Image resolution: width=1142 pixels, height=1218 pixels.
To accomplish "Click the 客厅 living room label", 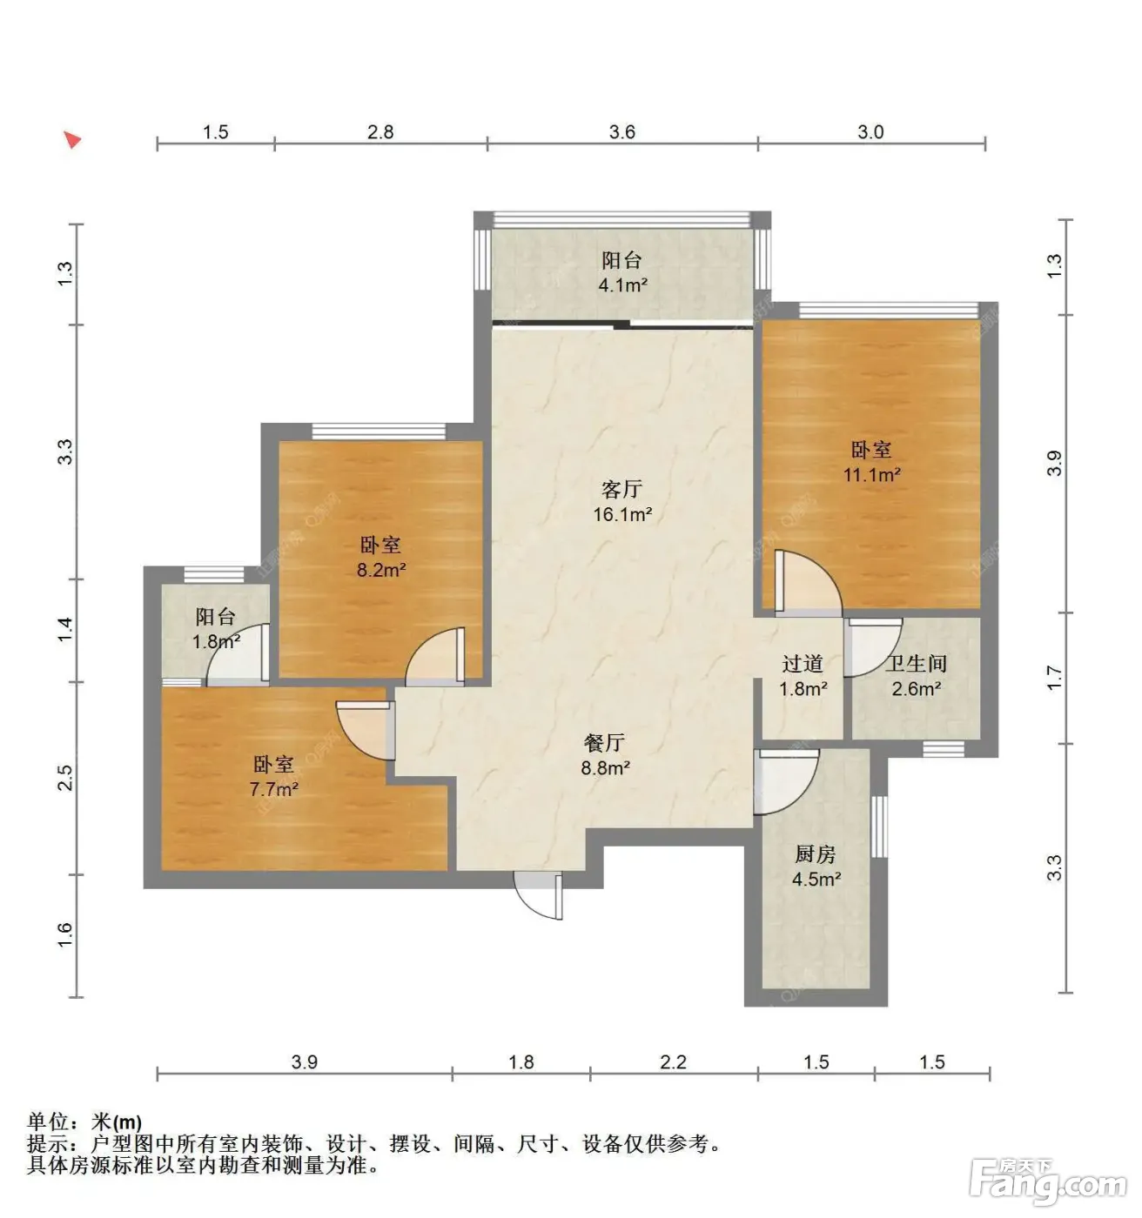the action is pos(621,490).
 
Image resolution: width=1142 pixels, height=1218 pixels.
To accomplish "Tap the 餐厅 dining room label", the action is pos(604,743).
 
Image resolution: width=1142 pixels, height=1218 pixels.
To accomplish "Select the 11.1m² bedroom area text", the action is pos(871,475).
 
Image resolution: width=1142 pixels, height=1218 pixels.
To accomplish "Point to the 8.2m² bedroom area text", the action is pos(381,570).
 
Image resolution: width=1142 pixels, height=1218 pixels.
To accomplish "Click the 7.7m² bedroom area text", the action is pos(273,789).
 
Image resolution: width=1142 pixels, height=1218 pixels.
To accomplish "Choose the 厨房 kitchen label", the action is pos(815,853).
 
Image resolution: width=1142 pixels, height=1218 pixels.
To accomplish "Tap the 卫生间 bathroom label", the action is pos(916,664).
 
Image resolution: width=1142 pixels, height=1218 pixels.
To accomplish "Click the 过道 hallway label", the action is pos(802,664).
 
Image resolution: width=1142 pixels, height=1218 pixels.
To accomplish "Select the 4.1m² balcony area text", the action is pos(623,285).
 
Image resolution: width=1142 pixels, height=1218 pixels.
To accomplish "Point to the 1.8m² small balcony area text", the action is pos(216,641).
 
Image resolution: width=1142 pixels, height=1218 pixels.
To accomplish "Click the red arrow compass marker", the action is pos(72,140).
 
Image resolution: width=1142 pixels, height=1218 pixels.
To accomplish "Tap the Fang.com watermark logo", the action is pos(1047,1186).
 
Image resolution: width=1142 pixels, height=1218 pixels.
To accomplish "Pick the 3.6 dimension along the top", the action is pos(621,132).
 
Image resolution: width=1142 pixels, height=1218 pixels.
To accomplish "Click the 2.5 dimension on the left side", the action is pos(65,777).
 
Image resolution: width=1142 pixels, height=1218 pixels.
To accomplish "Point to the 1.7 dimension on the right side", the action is pos(1053,678).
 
